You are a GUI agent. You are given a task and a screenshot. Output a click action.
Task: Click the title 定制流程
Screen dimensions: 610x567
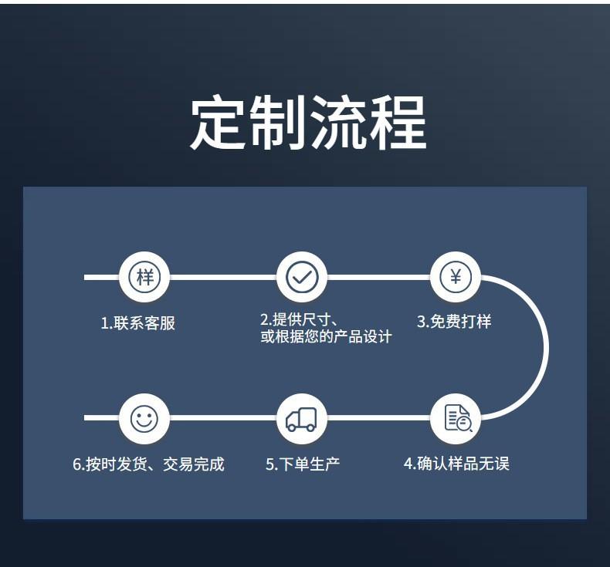point(307,123)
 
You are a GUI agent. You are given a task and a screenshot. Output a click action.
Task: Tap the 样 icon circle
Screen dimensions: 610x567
point(144,276)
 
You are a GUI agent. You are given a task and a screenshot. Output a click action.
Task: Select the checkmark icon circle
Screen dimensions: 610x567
point(301,276)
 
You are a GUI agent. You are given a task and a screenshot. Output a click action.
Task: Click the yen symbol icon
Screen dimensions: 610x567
point(456,276)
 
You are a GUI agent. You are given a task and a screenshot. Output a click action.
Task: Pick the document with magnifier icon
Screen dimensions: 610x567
point(456,419)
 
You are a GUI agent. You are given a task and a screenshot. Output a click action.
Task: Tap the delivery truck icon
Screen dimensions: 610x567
point(301,419)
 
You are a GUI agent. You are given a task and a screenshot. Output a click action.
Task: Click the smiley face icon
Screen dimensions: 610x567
point(144,419)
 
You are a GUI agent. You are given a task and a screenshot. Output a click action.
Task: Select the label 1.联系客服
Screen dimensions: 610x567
point(138,323)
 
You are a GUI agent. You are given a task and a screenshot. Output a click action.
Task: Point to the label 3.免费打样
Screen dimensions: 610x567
point(454,322)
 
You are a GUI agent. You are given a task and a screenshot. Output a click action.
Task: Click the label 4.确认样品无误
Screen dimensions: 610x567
point(456,464)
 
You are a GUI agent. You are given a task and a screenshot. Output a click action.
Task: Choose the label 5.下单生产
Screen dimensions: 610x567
point(303,464)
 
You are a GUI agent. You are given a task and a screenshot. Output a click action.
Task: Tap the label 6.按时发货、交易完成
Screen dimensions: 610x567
point(148,464)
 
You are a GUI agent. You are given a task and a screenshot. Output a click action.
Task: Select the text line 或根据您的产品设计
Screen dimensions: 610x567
point(326,337)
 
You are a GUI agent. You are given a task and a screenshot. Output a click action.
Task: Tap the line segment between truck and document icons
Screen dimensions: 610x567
point(378,418)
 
